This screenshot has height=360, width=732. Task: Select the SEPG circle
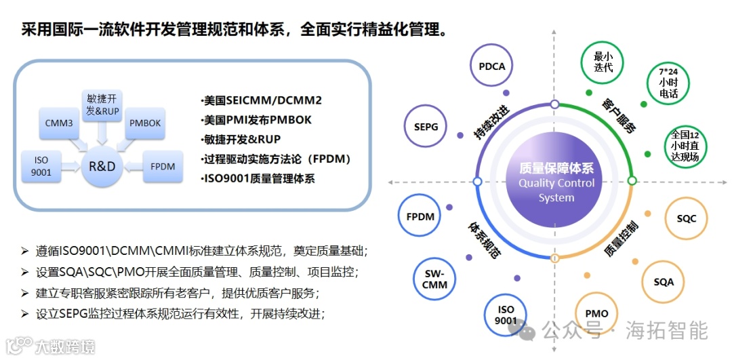point(426,127)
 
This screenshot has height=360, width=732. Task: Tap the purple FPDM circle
point(420,217)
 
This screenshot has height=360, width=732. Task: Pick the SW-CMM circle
point(434,279)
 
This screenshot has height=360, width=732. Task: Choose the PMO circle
point(596,314)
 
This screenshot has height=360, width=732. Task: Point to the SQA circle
point(664,281)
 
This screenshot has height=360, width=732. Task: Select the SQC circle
point(686,218)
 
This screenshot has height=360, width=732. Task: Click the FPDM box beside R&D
point(163,165)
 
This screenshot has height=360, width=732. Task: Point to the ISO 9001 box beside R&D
point(41,165)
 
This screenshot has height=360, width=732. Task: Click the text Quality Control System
point(556,191)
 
